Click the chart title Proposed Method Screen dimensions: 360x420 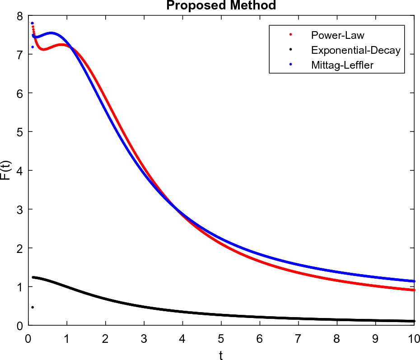point(221,5)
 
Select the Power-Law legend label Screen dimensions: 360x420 point(337,35)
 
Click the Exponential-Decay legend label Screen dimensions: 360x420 point(355,50)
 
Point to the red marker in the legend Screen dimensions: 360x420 point(290,35)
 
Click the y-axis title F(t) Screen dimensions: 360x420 point(6,170)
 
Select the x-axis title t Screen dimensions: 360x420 point(221,355)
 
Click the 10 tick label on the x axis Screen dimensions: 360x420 point(414,337)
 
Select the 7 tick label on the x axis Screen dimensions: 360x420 point(298,337)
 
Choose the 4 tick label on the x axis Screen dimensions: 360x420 point(182,337)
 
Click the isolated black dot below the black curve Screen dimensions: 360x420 point(33,308)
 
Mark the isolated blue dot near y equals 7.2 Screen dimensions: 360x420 point(33,47)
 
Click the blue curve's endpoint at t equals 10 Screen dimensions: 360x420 point(414,281)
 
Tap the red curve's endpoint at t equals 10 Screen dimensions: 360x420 point(414,290)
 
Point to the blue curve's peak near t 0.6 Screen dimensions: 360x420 point(51,33)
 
